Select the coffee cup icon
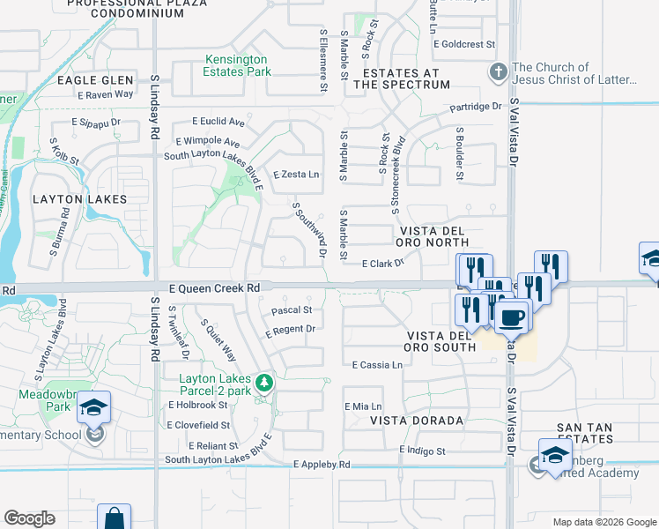tap(510, 316)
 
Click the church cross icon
tap(498, 72)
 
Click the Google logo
tap(29, 518)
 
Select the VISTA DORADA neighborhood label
tap(417, 421)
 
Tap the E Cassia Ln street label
tap(377, 365)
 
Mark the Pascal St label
tap(292, 310)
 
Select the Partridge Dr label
tap(475, 107)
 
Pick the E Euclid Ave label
tap(218, 122)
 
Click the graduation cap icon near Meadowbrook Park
tap(93, 407)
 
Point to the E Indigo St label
tap(423, 451)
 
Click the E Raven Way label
tap(106, 93)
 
